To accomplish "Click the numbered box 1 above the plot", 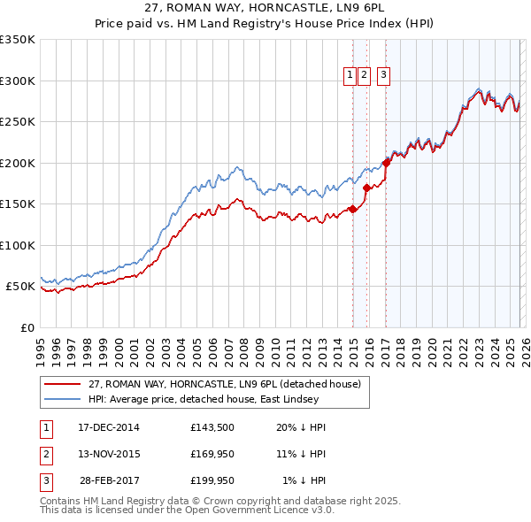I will point(350,76).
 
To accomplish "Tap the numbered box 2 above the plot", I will point(365,76).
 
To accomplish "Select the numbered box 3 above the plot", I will point(383,76).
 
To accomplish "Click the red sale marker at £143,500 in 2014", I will point(353,209).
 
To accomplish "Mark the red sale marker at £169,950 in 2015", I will point(367,188).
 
